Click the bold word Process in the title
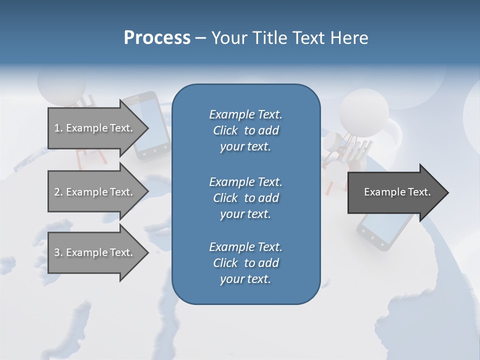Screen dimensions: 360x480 [x=157, y=38]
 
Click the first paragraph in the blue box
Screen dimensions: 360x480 [x=245, y=130]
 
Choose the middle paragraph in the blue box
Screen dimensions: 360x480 [x=245, y=198]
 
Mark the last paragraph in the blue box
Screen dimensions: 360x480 [x=245, y=263]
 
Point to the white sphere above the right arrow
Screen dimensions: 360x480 [x=363, y=112]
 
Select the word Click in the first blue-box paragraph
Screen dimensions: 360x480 [x=225, y=130]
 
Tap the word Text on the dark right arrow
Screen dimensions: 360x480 [x=419, y=192]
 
